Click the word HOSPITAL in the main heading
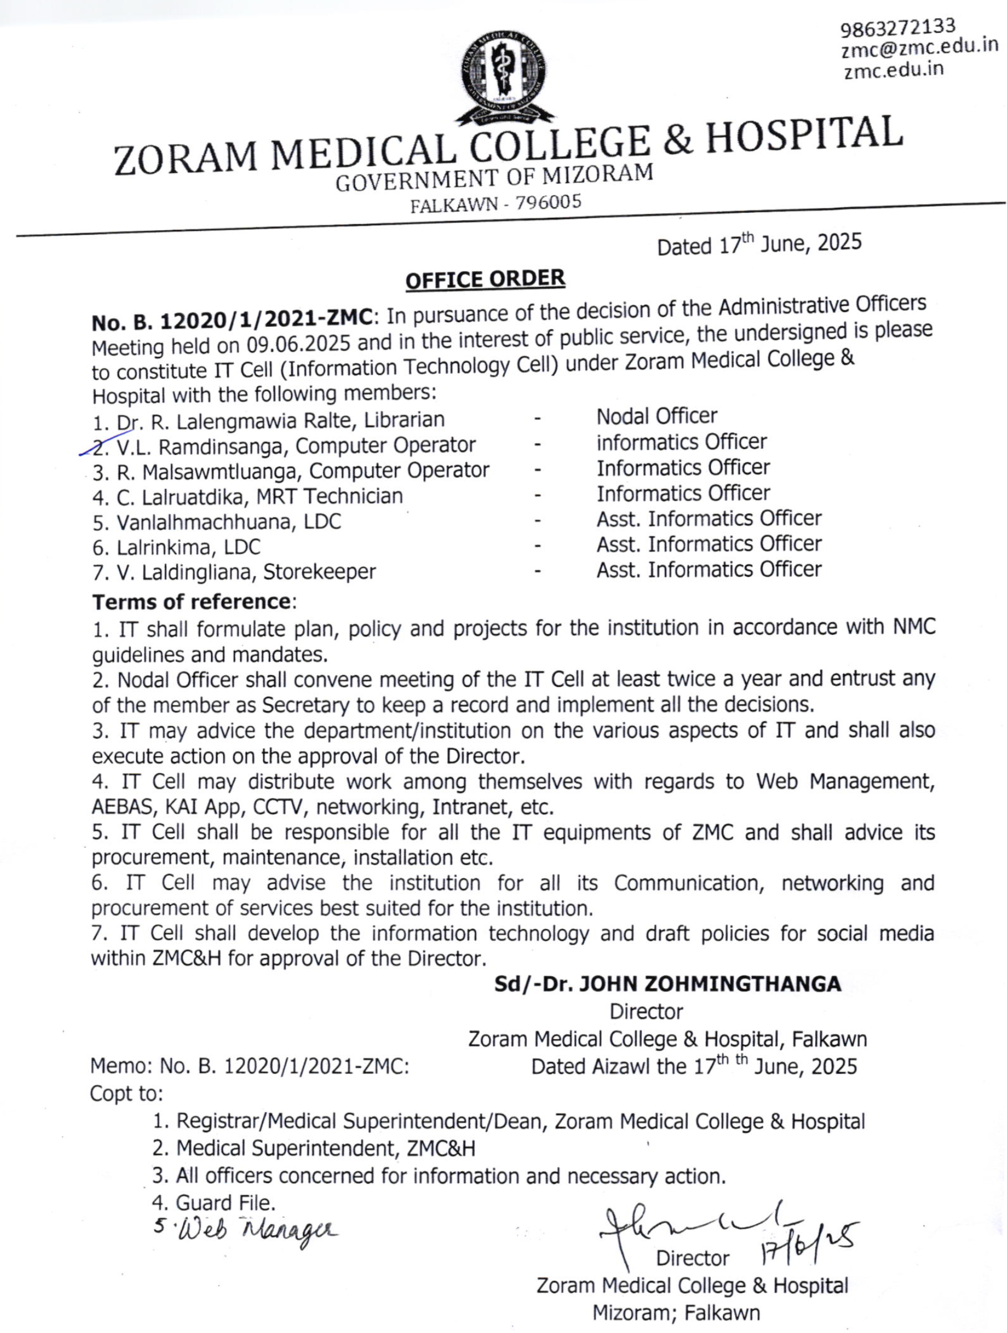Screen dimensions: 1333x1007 coord(804,136)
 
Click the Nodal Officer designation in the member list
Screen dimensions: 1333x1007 coord(657,416)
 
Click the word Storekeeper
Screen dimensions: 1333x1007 coord(319,571)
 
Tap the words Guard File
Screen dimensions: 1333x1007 coord(225,1204)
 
